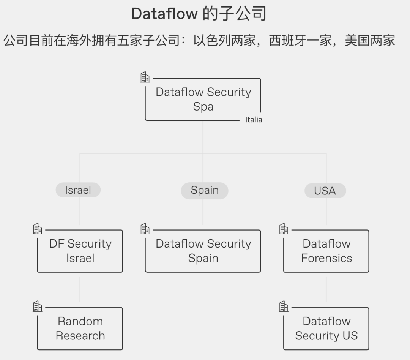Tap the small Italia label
[x=254, y=120]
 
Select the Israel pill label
[x=78, y=190]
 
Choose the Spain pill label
[x=205, y=191]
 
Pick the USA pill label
[x=325, y=191]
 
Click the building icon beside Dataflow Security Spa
[x=145, y=77]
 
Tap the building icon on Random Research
[x=37, y=306]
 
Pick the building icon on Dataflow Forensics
[x=284, y=229]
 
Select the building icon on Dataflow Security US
[x=284, y=306]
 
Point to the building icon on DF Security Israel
[x=37, y=229]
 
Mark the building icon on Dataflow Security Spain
[x=145, y=229]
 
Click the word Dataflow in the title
[x=164, y=14]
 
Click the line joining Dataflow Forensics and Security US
[x=326, y=289]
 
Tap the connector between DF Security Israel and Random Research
[x=80, y=289]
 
